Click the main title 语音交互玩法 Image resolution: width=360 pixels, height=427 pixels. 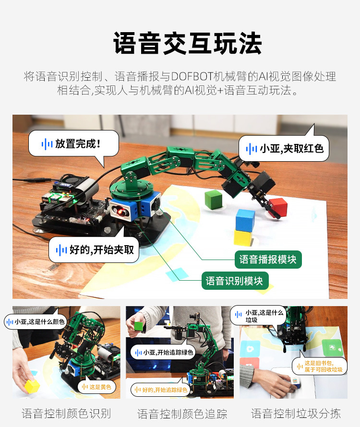point(188,44)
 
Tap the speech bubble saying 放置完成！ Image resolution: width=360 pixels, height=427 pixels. point(73,143)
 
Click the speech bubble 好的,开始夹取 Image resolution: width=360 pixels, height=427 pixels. point(94,250)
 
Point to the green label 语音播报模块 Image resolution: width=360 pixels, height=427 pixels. point(268,260)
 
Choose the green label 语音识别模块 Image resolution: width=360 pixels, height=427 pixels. point(235,281)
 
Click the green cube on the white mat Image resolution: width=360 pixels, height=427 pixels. point(214,199)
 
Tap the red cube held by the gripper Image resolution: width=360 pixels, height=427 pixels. point(278,207)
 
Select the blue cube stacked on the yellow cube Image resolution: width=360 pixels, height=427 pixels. point(245,220)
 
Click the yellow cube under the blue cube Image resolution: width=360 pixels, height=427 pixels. point(244,237)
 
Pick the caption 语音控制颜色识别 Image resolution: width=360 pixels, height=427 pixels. point(66,413)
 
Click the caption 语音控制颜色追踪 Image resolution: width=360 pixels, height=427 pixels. point(182,414)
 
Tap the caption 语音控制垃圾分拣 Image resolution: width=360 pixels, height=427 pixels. point(296,413)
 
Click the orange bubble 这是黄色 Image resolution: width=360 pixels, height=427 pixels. point(96,387)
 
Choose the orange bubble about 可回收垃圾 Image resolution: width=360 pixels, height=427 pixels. point(319,367)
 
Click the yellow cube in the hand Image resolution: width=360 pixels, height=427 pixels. point(32,386)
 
